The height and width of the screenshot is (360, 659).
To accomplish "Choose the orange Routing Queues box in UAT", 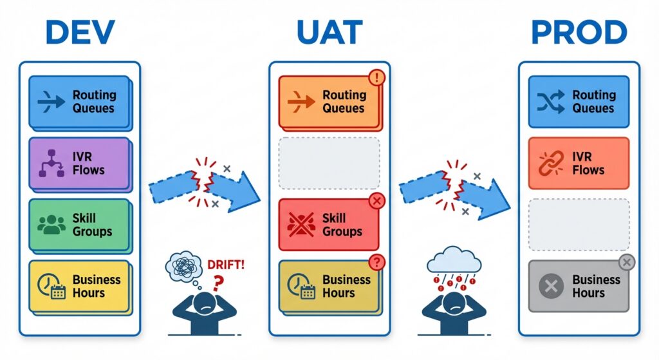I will click(x=329, y=102).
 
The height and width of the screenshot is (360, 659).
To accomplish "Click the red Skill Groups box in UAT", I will click(x=329, y=225).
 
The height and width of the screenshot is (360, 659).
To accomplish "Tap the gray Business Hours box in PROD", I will click(x=579, y=286).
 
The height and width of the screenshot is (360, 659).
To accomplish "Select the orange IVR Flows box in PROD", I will click(x=579, y=164).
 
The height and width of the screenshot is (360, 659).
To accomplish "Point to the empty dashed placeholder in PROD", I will click(x=579, y=225).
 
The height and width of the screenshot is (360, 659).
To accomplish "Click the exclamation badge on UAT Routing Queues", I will click(x=376, y=79).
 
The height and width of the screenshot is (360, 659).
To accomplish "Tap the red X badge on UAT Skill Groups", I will click(x=376, y=202).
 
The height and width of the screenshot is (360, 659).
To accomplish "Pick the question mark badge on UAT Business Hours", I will click(x=376, y=262).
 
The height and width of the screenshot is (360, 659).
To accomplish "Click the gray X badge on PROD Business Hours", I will click(x=626, y=262).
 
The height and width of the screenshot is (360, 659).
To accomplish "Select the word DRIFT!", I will click(x=225, y=264).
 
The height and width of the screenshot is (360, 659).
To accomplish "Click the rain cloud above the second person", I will click(x=455, y=260).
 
